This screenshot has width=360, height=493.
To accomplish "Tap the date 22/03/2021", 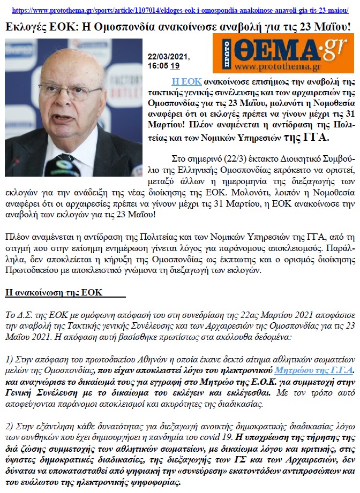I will coord(169,58).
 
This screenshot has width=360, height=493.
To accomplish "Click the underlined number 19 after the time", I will coord(175,67).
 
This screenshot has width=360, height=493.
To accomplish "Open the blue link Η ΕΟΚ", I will coord(186,81).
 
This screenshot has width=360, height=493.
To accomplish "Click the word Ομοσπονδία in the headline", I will coord(123,26).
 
